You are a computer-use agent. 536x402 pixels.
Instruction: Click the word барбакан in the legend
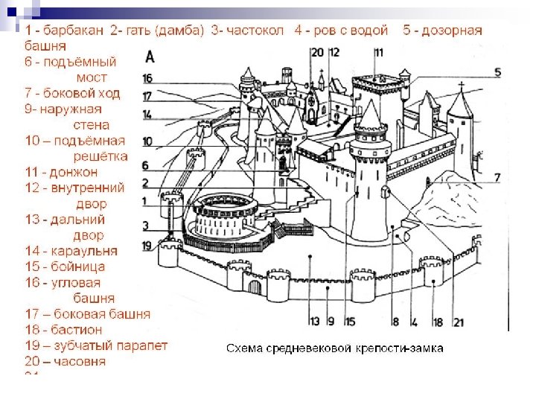[x=72, y=31]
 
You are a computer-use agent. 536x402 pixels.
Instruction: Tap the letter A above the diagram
[x=151, y=57]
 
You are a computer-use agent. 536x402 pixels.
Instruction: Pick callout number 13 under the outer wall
[x=315, y=322]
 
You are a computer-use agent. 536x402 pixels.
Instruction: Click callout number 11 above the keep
[x=379, y=53]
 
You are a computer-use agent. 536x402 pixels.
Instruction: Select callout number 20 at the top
[x=318, y=53]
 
